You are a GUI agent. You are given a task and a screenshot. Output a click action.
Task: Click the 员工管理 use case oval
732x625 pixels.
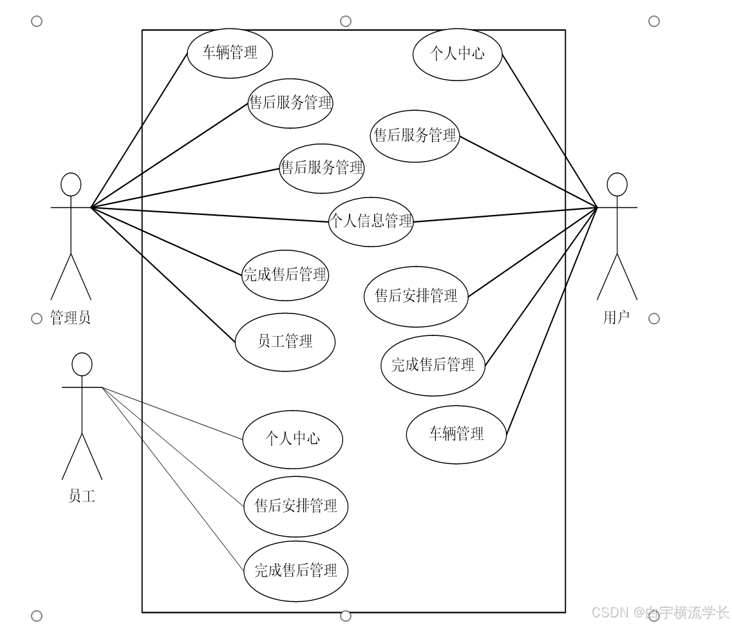click(285, 342)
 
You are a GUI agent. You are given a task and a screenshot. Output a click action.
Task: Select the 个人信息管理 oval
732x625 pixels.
click(371, 221)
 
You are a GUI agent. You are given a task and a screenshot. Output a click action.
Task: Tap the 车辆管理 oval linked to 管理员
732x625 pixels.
click(230, 53)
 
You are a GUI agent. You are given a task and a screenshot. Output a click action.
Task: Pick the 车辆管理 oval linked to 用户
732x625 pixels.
click(456, 434)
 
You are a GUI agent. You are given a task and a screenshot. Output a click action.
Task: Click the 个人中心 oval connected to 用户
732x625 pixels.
click(457, 54)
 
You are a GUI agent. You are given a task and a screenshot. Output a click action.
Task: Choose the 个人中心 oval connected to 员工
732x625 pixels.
click(293, 440)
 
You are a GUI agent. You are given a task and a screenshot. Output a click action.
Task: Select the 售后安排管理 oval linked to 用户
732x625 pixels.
click(416, 296)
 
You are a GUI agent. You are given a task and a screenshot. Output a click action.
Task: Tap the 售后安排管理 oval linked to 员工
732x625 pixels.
click(296, 506)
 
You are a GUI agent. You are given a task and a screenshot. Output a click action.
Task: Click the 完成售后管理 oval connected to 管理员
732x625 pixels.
click(285, 275)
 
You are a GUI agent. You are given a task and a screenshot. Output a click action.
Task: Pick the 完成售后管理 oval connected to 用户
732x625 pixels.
click(433, 366)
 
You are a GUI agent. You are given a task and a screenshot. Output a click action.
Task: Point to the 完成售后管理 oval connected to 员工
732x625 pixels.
click(296, 571)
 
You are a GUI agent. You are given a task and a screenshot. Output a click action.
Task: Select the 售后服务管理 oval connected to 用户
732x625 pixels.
click(415, 136)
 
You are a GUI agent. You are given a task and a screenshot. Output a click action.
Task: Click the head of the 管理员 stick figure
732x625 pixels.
click(71, 184)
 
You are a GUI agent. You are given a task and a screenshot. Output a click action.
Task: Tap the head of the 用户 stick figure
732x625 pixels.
click(617, 184)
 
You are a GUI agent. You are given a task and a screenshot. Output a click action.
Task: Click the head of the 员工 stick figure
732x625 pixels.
click(82, 364)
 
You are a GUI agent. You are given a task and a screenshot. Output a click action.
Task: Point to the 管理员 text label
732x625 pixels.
click(70, 318)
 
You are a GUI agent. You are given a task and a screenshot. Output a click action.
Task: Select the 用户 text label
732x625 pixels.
click(616, 317)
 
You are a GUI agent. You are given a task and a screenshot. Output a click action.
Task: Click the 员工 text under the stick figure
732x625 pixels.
click(82, 496)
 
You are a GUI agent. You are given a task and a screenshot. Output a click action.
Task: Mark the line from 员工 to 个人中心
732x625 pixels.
click(173, 413)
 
